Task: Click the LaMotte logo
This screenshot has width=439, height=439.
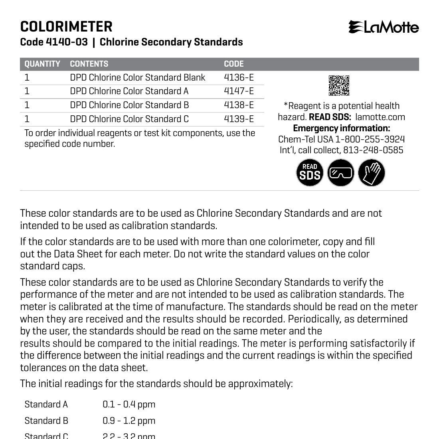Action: (x=384, y=27)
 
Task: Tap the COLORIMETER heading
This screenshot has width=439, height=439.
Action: (x=66, y=27)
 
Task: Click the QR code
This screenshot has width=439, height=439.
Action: (x=339, y=85)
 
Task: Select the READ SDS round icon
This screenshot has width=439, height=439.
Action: (x=310, y=173)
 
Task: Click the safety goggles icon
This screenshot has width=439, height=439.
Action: (x=341, y=173)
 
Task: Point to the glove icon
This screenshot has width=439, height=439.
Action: (x=372, y=173)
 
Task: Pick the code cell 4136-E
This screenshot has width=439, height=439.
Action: (x=239, y=77)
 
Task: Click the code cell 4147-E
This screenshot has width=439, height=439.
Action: (x=239, y=91)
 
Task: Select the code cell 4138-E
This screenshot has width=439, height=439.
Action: (x=239, y=105)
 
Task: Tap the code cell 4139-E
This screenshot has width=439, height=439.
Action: (x=239, y=119)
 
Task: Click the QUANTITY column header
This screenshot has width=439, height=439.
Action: (x=42, y=64)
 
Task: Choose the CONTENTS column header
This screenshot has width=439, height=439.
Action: (x=89, y=64)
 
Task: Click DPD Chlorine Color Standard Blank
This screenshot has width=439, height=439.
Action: (x=137, y=77)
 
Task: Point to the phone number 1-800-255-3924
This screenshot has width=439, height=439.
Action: (x=370, y=139)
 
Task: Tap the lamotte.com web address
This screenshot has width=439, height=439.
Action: (x=380, y=117)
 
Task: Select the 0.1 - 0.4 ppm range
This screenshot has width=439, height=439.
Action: (x=129, y=404)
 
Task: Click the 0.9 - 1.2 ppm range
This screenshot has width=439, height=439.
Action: (x=129, y=421)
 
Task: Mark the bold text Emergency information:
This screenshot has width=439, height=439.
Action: (x=341, y=128)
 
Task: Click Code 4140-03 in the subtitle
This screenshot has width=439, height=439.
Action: (x=54, y=42)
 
